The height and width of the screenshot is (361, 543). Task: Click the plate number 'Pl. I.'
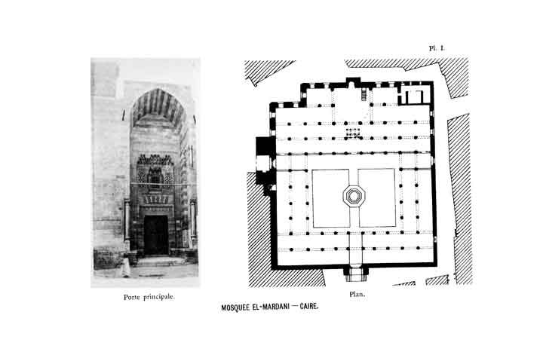click(x=437, y=47)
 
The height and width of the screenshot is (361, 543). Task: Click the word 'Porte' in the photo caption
click(x=136, y=296)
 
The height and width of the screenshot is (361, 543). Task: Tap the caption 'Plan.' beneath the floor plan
click(x=357, y=294)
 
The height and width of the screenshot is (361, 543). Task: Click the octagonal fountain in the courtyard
click(x=353, y=197)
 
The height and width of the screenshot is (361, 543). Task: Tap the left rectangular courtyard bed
click(x=330, y=197)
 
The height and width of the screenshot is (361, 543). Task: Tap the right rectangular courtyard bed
click(x=376, y=197)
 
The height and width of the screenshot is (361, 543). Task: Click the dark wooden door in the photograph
click(x=157, y=234)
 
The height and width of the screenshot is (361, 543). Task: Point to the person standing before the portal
click(x=126, y=267)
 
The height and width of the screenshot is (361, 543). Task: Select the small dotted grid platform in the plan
click(x=352, y=133)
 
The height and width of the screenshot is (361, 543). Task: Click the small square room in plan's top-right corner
click(x=413, y=96)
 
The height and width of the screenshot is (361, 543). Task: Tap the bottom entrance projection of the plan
click(x=354, y=271)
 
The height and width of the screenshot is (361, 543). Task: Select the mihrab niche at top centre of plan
click(x=353, y=81)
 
